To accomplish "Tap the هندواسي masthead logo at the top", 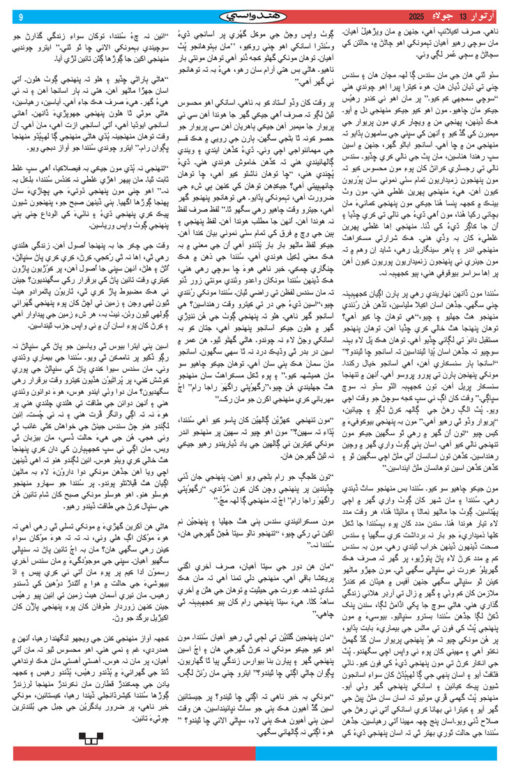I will coord(261,15).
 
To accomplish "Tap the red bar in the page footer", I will coord(132,753).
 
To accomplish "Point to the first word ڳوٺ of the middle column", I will coord(331,31).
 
